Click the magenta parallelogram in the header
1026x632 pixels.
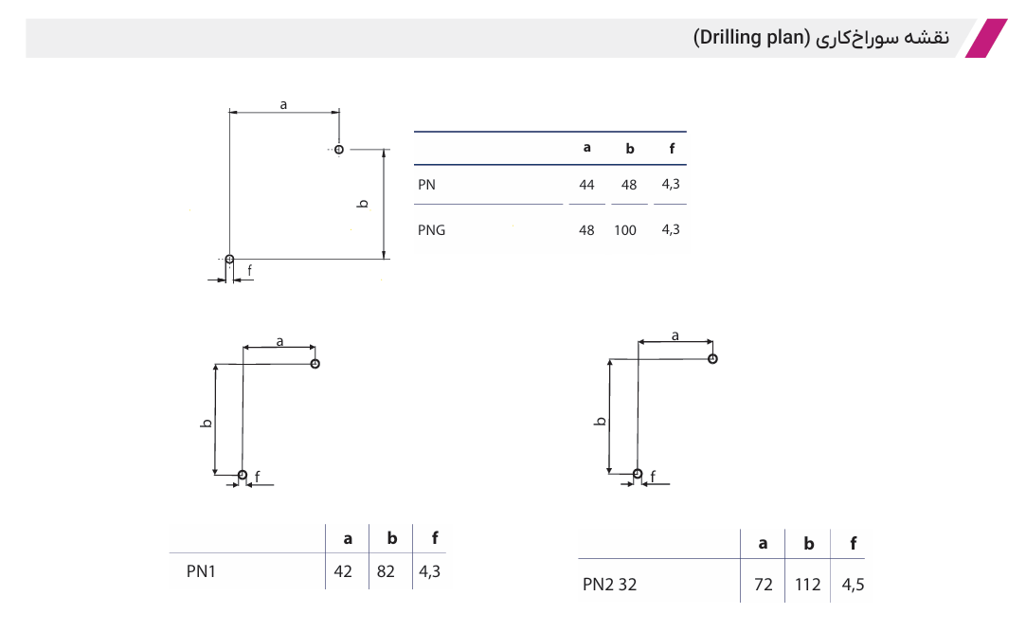(986, 38)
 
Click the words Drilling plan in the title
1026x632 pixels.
(752, 37)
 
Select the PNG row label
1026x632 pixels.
(431, 230)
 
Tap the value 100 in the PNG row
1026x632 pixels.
(625, 230)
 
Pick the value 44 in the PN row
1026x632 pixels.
(586, 185)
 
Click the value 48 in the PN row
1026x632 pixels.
(629, 185)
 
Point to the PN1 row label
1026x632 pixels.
(201, 571)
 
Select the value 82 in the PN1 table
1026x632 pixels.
(386, 571)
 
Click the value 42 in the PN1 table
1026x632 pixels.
(343, 571)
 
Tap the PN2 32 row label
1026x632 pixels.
(609, 585)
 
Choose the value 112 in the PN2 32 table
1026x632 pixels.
(807, 585)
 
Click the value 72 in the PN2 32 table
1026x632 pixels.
(763, 585)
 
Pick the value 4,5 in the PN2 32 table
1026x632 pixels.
(853, 585)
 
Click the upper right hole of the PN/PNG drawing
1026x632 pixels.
(339, 150)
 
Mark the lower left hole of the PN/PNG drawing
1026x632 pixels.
(229, 259)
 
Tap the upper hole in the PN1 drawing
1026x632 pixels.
(315, 364)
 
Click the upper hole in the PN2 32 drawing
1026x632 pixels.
(712, 358)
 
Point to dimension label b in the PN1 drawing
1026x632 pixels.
(207, 424)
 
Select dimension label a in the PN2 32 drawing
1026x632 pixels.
(675, 335)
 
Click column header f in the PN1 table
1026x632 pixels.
(435, 538)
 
